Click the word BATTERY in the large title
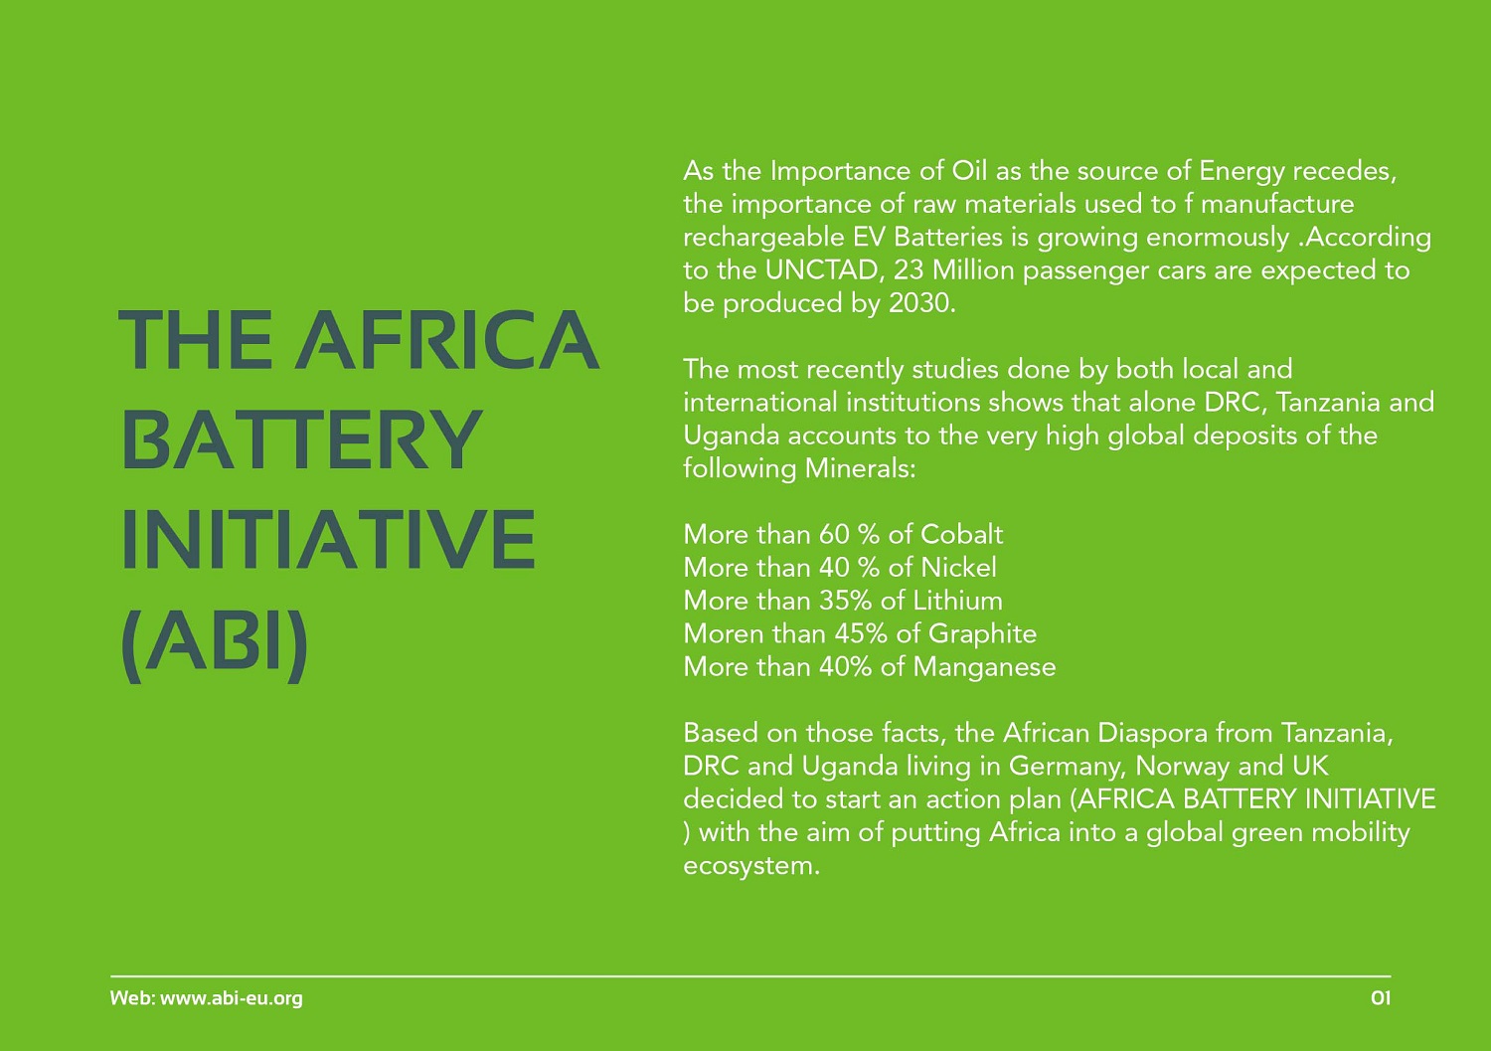pos(302,439)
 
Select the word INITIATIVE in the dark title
pos(328,539)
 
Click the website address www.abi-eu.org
pos(232,998)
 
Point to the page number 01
pos(1381,997)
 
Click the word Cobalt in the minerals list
pos(962,534)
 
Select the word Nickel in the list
pos(958,568)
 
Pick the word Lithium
pos(957,601)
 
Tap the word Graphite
pos(982,634)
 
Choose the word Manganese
pos(984,667)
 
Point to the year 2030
pos(921,303)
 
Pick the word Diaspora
pos(1152,733)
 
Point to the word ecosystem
pos(751,866)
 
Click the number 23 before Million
pos(908,270)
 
